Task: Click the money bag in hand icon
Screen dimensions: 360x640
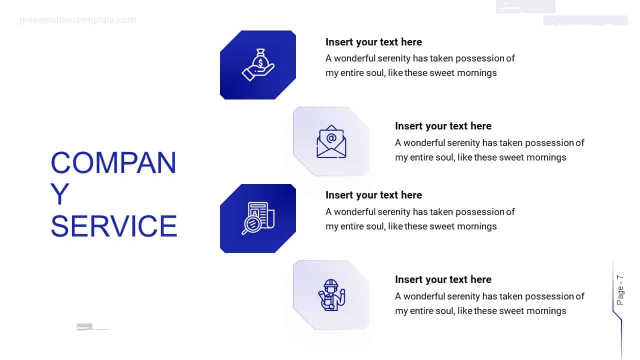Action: click(258, 65)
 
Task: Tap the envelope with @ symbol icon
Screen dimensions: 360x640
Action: click(331, 141)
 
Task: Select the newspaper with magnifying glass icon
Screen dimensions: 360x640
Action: click(258, 218)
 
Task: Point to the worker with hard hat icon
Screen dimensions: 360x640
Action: click(331, 295)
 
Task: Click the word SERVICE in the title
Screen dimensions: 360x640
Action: click(114, 226)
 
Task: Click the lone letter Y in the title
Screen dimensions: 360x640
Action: click(60, 194)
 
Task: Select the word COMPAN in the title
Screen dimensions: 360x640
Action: click(113, 162)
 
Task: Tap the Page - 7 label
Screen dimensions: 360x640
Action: click(620, 290)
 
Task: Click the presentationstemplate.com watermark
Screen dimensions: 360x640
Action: click(77, 20)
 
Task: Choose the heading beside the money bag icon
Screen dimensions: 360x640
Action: click(373, 42)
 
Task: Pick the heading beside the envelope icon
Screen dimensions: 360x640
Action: click(443, 126)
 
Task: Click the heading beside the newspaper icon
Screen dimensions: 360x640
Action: click(373, 195)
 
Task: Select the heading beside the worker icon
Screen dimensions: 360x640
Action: click(443, 279)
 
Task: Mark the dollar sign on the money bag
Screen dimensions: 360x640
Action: click(260, 61)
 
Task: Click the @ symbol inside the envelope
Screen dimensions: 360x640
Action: click(331, 138)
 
